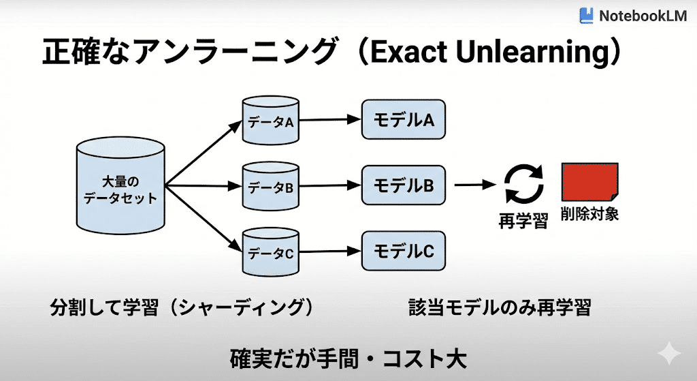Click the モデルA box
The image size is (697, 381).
pyautogui.click(x=403, y=120)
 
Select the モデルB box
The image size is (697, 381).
pyautogui.click(x=403, y=184)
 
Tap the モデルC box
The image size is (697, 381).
pyautogui.click(x=403, y=251)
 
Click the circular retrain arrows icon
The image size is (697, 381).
pyautogui.click(x=523, y=185)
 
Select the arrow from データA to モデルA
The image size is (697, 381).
pyautogui.click(x=329, y=120)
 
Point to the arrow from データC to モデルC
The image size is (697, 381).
pyautogui.click(x=329, y=251)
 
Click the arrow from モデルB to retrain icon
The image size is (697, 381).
pyautogui.click(x=475, y=184)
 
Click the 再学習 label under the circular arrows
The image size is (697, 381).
pyautogui.click(x=523, y=222)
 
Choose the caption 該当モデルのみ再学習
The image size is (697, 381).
pyautogui.click(x=500, y=307)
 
